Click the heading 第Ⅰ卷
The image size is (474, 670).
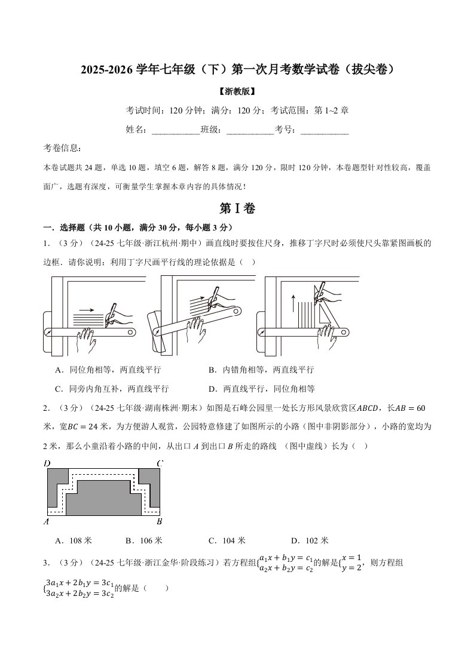pos(237,208)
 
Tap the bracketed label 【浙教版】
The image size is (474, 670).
pos(237,92)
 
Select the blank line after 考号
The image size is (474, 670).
pos(324,130)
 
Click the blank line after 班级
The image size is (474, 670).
pos(250,130)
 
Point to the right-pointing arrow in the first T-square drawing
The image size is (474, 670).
pos(87,309)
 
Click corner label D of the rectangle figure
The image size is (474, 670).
pos(47,463)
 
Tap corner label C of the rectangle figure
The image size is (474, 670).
pos(160,463)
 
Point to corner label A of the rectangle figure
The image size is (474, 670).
pos(47,521)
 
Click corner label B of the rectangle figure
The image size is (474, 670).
pos(159,521)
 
